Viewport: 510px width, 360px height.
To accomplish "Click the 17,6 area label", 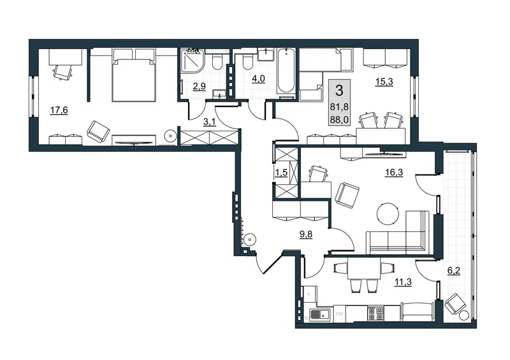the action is click(59, 111).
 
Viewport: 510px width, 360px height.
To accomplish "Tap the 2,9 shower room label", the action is click(199, 87).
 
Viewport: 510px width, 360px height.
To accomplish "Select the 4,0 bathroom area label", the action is click(258, 79).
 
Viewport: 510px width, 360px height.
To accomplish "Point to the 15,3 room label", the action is click(384, 82).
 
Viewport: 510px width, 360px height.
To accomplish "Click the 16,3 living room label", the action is click(394, 173).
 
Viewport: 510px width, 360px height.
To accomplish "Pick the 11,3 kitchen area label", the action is click(403, 282).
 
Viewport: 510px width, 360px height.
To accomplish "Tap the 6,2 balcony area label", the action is click(454, 271).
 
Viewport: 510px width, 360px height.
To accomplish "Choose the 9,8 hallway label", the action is click(306, 234).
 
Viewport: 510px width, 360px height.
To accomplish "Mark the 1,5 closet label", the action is click(281, 173).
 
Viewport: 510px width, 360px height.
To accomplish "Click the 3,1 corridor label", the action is click(209, 122).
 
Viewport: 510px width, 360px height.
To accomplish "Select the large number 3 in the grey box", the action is click(339, 90).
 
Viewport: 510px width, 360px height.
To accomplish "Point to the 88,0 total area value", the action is click(339, 120).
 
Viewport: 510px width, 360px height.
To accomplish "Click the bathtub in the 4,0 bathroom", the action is click(286, 72).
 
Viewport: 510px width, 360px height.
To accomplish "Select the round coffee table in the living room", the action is click(388, 213).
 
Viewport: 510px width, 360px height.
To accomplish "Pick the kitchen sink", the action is click(319, 314).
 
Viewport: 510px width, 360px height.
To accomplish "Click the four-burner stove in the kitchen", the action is click(375, 313).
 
